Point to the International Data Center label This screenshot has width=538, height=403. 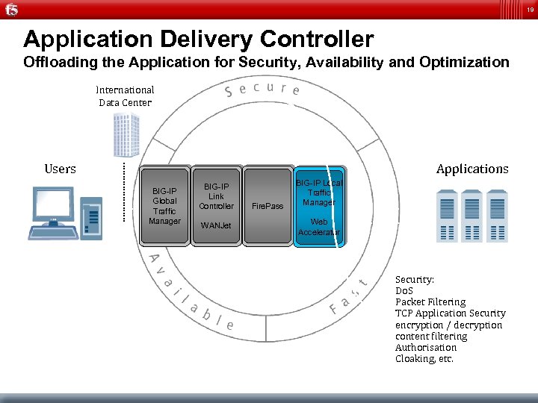click(x=125, y=96)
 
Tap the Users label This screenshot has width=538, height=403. click(x=60, y=169)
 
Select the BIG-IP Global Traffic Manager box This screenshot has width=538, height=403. click(x=164, y=206)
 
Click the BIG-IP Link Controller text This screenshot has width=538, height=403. click(x=217, y=196)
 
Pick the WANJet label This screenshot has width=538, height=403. click(x=217, y=225)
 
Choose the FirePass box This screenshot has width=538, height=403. click(x=267, y=206)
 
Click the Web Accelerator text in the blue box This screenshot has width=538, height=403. click(x=319, y=227)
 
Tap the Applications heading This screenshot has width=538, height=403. click(x=472, y=169)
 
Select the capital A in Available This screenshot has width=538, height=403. click(x=153, y=259)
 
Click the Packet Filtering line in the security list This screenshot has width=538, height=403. click(x=430, y=302)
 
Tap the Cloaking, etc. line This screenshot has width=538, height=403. click(x=424, y=359)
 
